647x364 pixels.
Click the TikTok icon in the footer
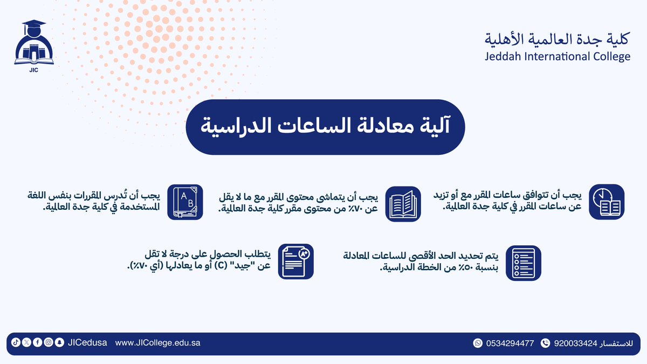(15, 342)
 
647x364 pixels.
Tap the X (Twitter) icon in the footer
(26, 342)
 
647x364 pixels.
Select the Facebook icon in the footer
(37, 342)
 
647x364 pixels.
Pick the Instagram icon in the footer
(48, 342)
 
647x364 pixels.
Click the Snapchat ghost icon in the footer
(59, 342)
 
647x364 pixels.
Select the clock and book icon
(606, 202)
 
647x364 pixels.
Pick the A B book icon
(185, 202)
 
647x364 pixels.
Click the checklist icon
(523, 263)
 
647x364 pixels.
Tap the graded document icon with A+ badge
(295, 261)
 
